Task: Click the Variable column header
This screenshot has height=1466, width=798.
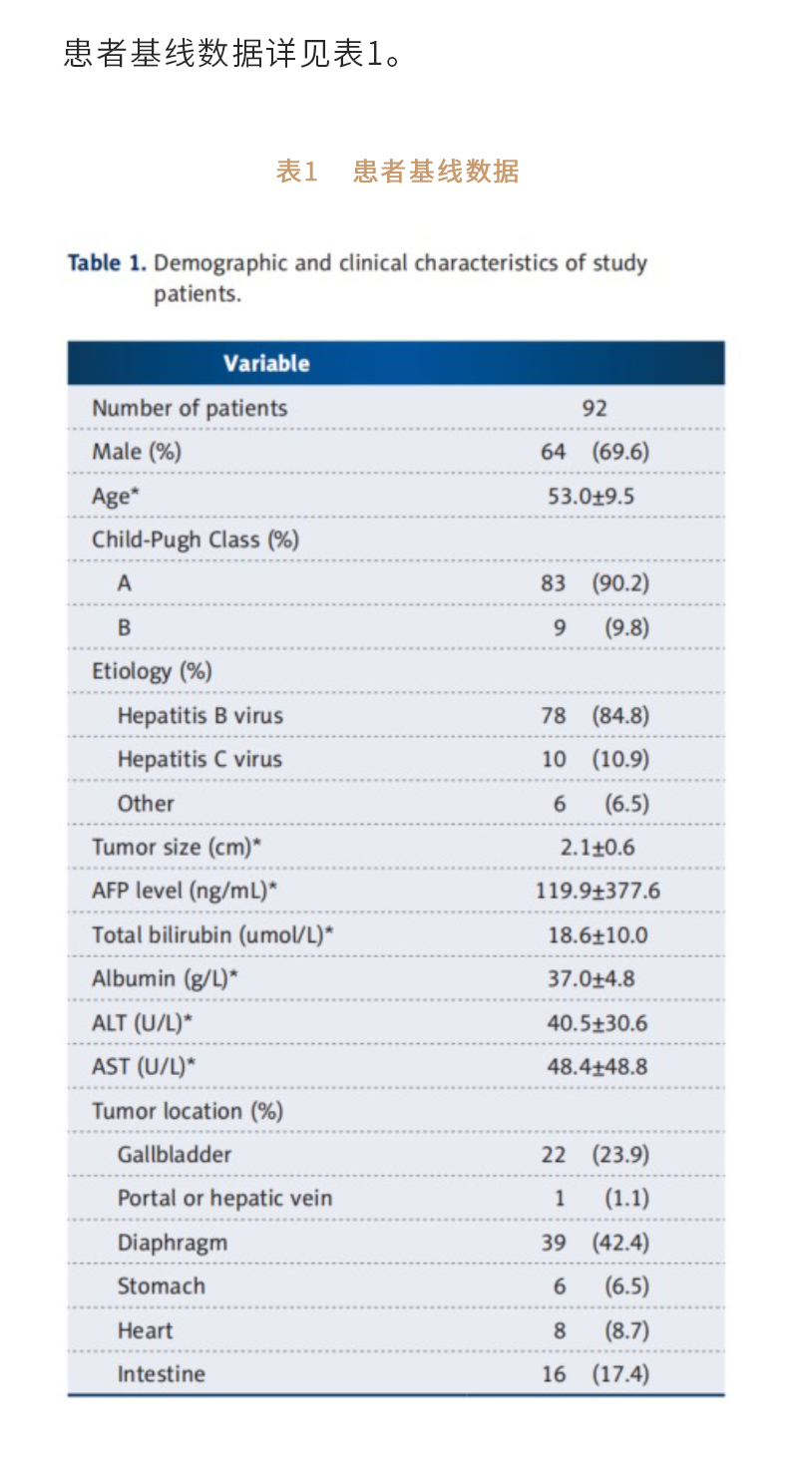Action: point(266,363)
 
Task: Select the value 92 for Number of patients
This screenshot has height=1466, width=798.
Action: point(595,408)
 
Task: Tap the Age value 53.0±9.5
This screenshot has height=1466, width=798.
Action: point(591,496)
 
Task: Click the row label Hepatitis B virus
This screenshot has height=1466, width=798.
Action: point(199,715)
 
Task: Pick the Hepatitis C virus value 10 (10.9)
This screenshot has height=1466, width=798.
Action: point(595,759)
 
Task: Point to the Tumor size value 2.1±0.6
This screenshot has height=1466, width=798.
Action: point(598,848)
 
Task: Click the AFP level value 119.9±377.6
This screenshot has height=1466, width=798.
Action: point(598,891)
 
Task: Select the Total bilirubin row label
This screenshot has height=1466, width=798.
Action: point(212,935)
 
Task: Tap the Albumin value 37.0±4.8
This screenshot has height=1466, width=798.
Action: point(591,979)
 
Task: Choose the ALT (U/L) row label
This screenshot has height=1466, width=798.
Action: point(142,1023)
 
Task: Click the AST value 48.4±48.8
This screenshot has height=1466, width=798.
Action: point(598,1067)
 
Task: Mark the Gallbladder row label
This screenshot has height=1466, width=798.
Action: point(175,1155)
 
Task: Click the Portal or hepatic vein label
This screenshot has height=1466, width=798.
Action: point(224,1199)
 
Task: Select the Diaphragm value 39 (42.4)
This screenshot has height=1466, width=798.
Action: point(595,1243)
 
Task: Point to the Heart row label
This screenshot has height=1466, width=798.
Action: point(145,1330)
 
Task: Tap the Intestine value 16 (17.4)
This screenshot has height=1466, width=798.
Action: point(595,1374)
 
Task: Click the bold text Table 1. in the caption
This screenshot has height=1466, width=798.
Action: point(107,263)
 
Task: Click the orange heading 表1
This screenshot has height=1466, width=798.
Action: point(296,172)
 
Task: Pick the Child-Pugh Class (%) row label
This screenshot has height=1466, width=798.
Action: point(196,540)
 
